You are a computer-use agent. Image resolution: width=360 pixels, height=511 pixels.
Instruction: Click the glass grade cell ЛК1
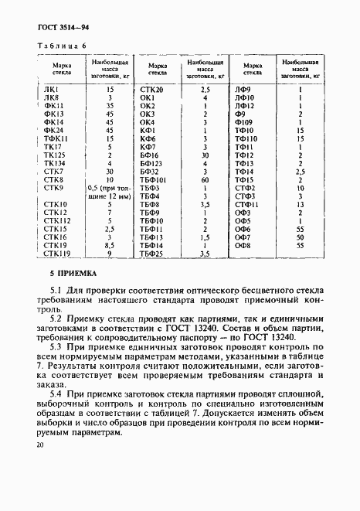coord(52,90)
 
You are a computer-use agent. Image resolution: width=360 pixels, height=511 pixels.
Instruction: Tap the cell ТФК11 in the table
coord(57,138)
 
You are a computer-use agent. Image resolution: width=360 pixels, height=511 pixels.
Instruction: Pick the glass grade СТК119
coord(57,253)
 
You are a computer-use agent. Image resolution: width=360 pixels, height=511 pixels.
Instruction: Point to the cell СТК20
coord(151,90)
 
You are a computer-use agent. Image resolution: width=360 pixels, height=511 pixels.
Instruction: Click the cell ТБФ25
coord(151,253)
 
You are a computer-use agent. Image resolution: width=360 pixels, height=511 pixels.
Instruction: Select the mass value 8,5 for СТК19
coord(110,245)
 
